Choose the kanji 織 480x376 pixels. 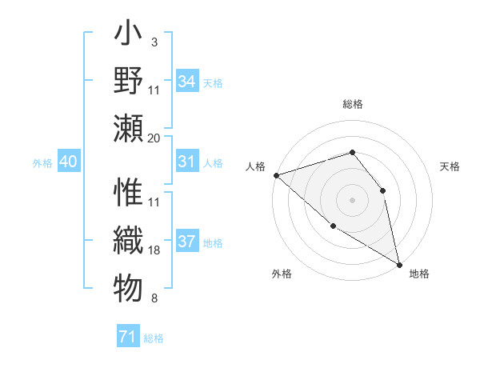(127, 240)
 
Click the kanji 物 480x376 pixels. (127, 286)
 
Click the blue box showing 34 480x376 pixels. (187, 82)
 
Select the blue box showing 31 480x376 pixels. (187, 162)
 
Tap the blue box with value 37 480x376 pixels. (187, 242)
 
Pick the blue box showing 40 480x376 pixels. (68, 162)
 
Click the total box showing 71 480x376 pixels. (127, 337)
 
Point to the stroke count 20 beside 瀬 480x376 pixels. (154, 138)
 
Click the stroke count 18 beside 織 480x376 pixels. (154, 250)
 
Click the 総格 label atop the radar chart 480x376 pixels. (352, 104)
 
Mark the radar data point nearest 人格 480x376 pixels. (276, 174)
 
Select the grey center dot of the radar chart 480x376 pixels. (352, 199)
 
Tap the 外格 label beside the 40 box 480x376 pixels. (42, 163)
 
